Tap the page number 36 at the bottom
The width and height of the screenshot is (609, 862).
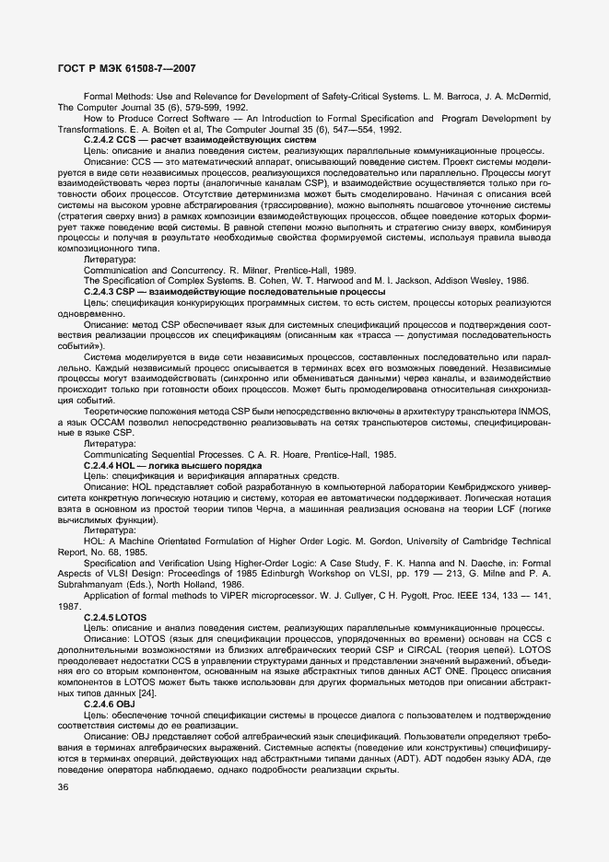pyautogui.click(x=63, y=786)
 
